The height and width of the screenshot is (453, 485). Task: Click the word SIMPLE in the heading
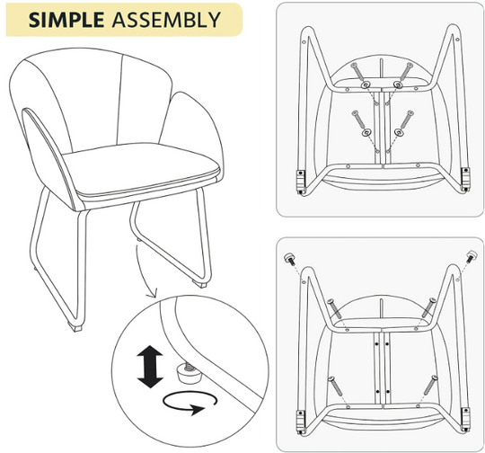66,20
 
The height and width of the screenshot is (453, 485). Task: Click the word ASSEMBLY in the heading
166,20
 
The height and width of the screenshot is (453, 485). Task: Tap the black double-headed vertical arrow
150,367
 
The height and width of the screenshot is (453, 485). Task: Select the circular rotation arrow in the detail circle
190,403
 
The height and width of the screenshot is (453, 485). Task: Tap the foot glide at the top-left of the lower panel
289,258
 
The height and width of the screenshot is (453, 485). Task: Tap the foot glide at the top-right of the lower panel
471,256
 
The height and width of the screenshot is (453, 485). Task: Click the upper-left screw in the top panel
357,71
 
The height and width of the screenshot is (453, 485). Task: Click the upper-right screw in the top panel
406,71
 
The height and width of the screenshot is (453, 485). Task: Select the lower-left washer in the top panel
366,133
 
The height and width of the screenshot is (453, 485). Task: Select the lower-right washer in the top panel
399,132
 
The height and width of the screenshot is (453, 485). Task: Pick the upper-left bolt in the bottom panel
334,308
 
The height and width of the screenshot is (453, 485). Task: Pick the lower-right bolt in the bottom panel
430,385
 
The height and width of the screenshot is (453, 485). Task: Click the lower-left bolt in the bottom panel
335,386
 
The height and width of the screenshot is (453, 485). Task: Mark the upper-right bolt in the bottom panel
429,307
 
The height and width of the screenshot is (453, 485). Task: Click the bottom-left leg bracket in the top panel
301,182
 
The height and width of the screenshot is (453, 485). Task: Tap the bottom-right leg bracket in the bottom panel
465,419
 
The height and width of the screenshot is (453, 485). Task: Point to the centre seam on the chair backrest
119,100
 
